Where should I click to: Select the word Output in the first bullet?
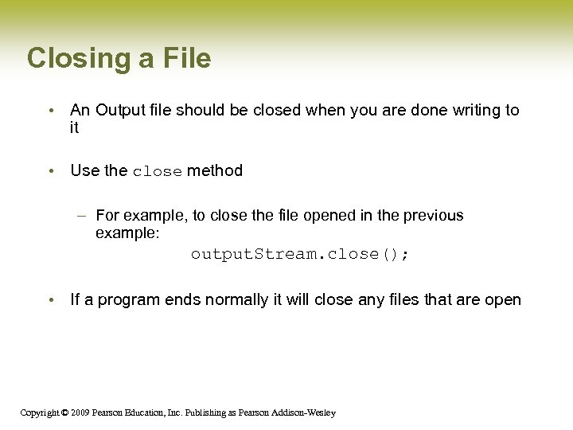[x=122, y=110]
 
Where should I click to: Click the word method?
[x=215, y=170]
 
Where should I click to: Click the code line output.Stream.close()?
[x=301, y=254]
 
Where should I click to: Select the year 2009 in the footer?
[x=80, y=412]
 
